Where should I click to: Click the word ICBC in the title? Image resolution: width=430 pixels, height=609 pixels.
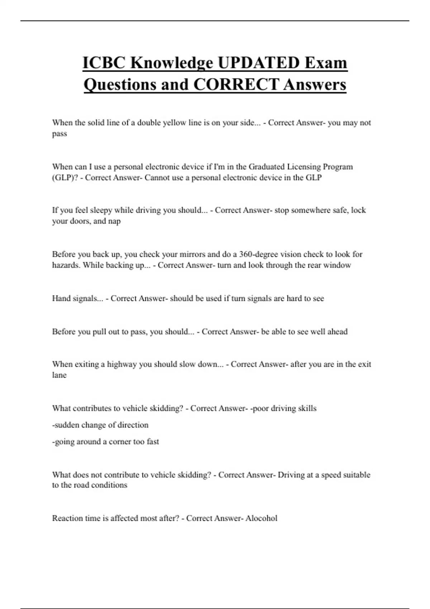104,63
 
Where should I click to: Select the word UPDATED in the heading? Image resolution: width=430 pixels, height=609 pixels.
258,63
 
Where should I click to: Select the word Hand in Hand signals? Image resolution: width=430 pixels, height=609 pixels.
61,298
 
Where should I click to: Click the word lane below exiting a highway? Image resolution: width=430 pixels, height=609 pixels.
59,375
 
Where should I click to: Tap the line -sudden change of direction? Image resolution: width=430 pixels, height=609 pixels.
100,425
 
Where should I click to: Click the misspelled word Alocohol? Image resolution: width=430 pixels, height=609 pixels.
261,518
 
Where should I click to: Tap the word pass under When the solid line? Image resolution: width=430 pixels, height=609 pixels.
59,134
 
